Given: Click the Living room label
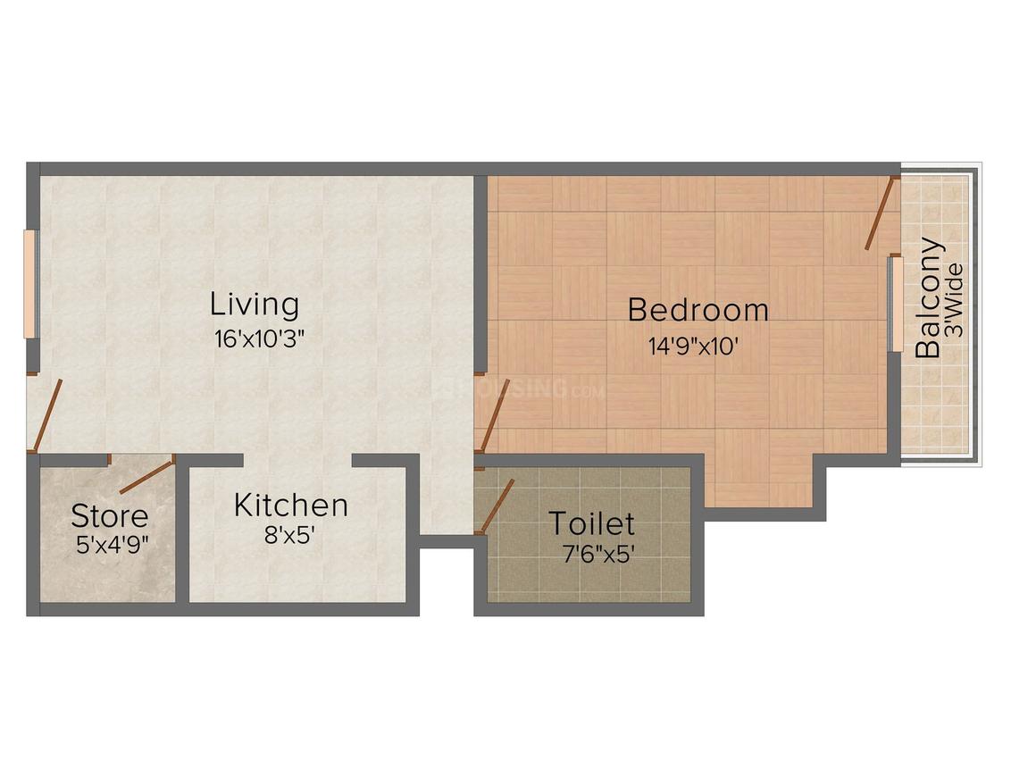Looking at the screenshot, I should [x=255, y=305].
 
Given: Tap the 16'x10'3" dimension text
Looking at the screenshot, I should [x=254, y=339].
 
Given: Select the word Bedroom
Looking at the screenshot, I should [x=698, y=310].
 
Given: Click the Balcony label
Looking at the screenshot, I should [x=930, y=297].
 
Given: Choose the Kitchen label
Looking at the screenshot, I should [x=290, y=505].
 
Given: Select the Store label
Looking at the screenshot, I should [x=109, y=515].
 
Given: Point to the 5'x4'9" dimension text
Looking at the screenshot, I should [x=112, y=544].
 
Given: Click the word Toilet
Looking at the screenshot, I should [x=591, y=523].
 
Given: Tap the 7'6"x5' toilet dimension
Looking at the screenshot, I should [x=597, y=555].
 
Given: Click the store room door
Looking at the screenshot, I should [x=146, y=477].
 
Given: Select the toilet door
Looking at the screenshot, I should [x=497, y=505].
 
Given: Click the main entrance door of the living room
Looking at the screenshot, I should [x=47, y=414].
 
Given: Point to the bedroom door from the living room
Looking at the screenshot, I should [x=495, y=415].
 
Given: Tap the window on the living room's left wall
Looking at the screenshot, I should [x=29, y=284].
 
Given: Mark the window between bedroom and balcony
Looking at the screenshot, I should [x=893, y=304].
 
